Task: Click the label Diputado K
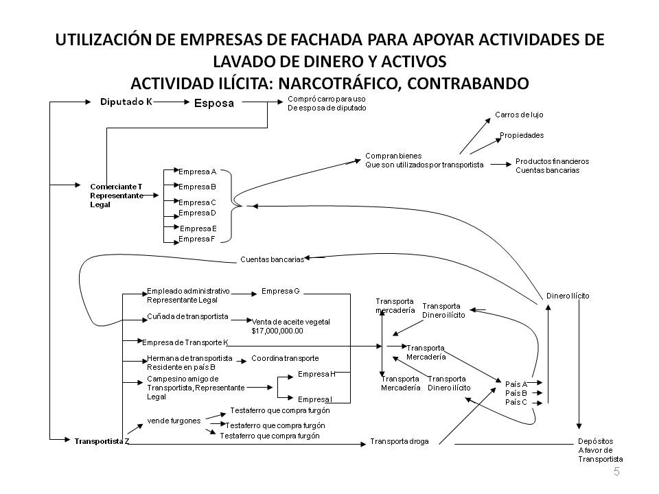(126, 102)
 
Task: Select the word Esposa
(215, 104)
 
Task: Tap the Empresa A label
(197, 171)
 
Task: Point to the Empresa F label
(197, 239)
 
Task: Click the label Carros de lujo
(518, 115)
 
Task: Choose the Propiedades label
(521, 135)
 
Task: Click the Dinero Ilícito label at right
(568, 296)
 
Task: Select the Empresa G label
(281, 291)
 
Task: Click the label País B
(516, 393)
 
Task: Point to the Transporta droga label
(399, 441)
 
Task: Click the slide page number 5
(616, 471)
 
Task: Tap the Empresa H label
(316, 375)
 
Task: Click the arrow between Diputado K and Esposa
(172, 102)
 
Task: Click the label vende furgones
(174, 421)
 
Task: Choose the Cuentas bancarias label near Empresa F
(272, 259)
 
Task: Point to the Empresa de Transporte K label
(185, 342)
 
